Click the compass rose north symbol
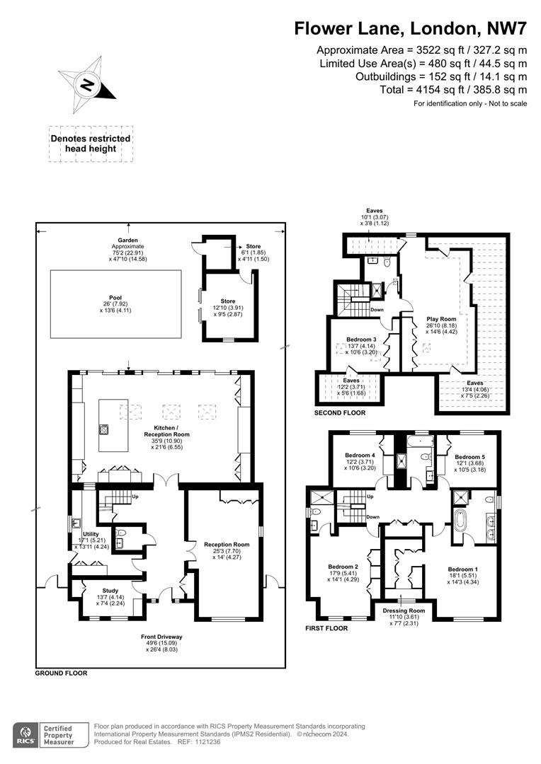pyautogui.click(x=87, y=87)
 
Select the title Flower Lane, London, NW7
pyautogui.click(x=411, y=29)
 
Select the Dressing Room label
pyautogui.click(x=404, y=610)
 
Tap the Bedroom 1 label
pyautogui.click(x=462, y=569)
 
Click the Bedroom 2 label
pyautogui.click(x=343, y=567)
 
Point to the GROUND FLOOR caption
pyautogui.click(x=61, y=673)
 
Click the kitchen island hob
pyautogui.click(x=104, y=428)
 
